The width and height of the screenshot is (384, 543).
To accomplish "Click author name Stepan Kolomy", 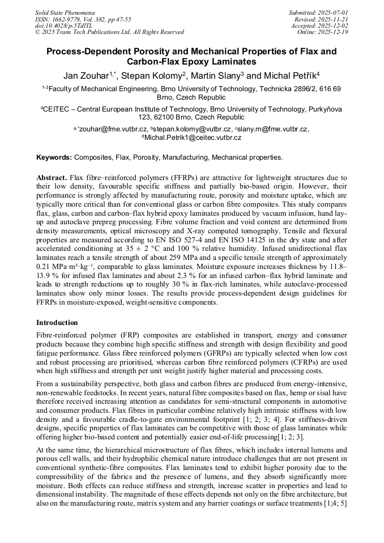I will (x=151, y=75).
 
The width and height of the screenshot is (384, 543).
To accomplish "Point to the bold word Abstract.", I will (x=54, y=177).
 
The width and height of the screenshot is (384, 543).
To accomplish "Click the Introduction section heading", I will (x=57, y=322).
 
